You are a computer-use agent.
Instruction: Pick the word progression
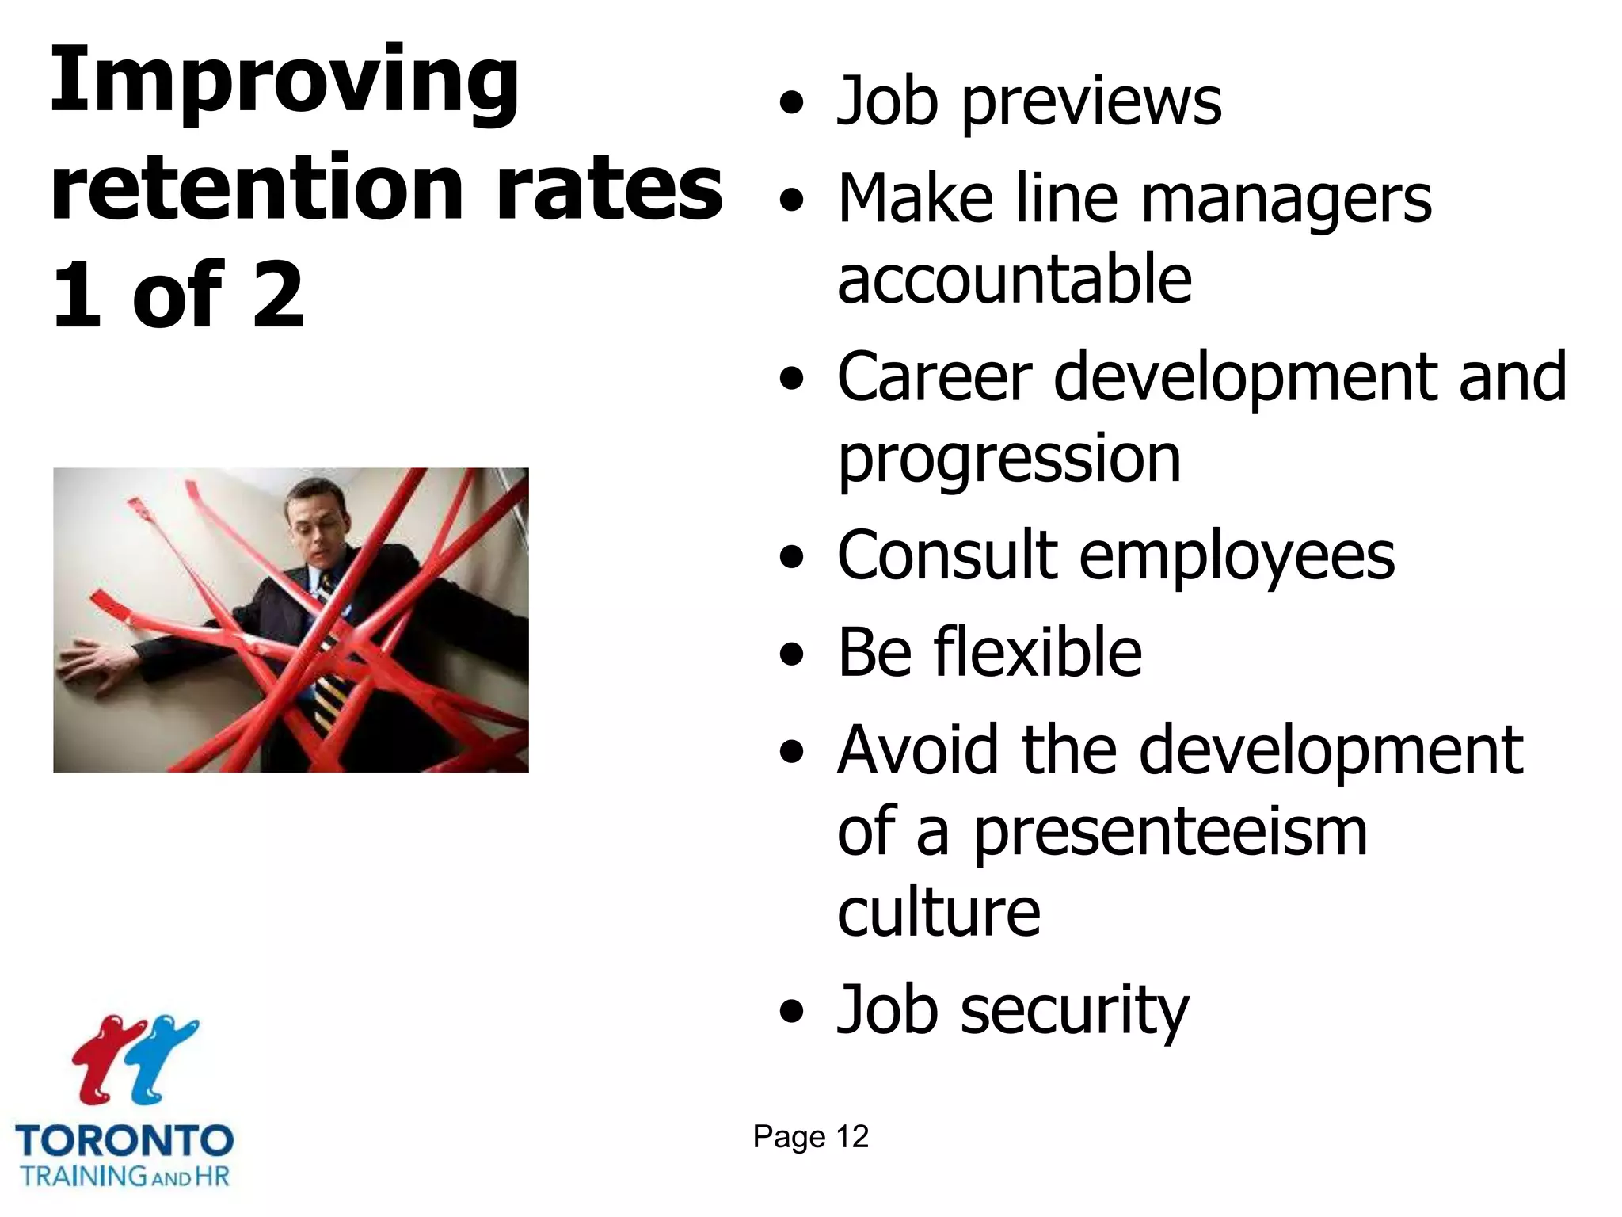pos(1009,460)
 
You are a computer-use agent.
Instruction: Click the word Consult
pos(947,555)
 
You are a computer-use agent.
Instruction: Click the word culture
pos(938,914)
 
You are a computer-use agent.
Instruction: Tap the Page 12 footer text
pos(810,1137)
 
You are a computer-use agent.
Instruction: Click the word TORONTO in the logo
pos(124,1141)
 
